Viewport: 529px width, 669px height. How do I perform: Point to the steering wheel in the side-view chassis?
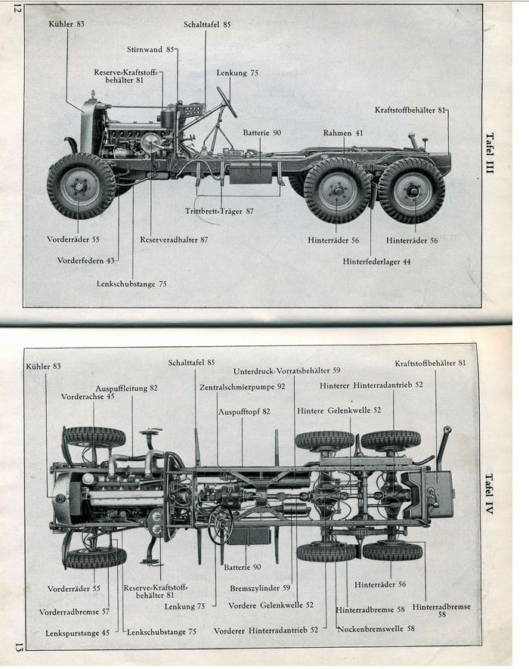coord(226,101)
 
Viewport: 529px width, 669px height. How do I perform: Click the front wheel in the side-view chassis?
coord(81,186)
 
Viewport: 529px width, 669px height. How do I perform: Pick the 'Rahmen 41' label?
coord(343,133)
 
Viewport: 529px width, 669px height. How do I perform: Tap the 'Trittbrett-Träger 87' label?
coord(219,211)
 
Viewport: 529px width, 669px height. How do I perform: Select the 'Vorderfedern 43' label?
coord(85,261)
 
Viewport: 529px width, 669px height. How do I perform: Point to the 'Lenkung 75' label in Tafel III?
coord(237,73)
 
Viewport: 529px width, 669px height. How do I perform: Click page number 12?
coord(14,11)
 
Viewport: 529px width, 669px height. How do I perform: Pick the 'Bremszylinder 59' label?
coord(260,587)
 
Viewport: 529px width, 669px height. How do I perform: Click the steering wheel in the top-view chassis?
coord(220,524)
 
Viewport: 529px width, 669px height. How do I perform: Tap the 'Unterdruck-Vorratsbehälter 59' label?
coord(286,370)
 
